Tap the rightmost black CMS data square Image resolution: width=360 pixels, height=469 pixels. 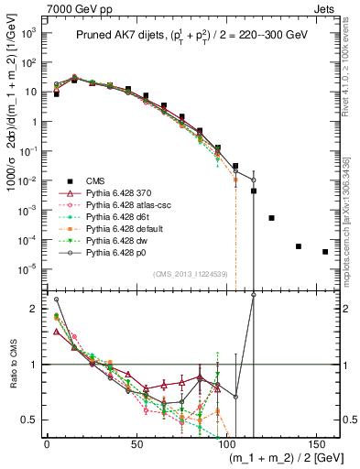click(x=325, y=252)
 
